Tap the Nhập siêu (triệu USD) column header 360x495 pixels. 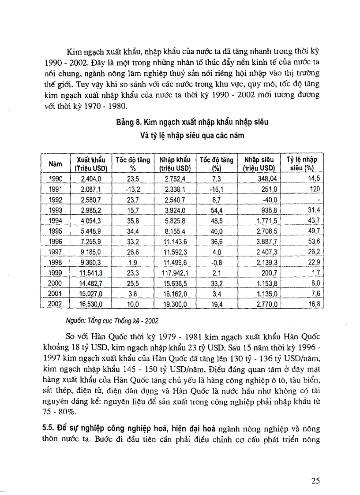click(x=259, y=164)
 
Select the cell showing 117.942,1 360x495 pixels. click(x=175, y=273)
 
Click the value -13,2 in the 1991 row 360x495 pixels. click(x=132, y=189)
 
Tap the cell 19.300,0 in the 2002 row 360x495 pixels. click(x=175, y=304)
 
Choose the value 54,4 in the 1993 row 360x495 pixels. click(x=216, y=210)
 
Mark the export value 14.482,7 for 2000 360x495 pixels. click(x=90, y=283)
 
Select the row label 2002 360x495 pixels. click(x=56, y=304)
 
